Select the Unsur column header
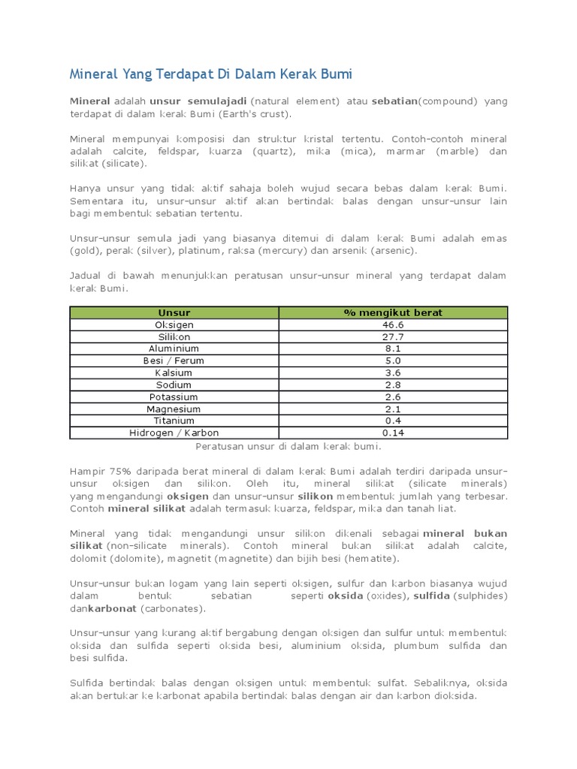point(174,312)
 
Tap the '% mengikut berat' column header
point(393,312)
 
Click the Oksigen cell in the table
point(174,324)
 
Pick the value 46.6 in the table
point(393,324)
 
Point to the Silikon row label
point(174,336)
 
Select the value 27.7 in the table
point(393,336)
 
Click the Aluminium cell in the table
point(174,348)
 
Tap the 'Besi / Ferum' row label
point(174,360)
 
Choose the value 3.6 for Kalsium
point(393,372)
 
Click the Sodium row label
point(174,384)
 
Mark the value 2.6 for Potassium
point(393,397)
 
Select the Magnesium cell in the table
point(174,409)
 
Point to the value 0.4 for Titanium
point(393,421)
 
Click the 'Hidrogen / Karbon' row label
point(174,433)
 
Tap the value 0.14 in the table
point(393,433)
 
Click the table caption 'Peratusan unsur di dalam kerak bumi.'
point(288,446)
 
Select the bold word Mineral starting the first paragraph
point(90,101)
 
